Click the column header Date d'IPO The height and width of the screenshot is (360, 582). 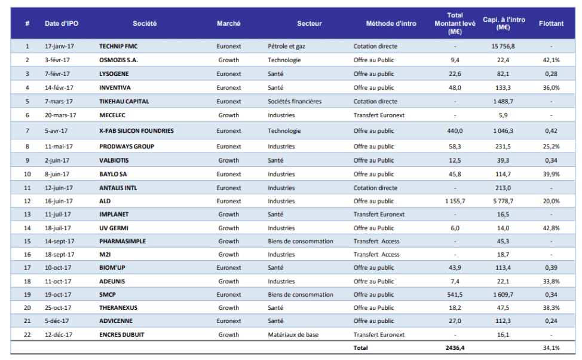pos(62,23)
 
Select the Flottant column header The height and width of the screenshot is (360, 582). pos(550,23)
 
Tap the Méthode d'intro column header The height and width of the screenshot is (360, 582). pos(391,23)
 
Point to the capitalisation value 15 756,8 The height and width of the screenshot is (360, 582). pos(503,46)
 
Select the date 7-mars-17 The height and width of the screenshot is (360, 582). pos(59,102)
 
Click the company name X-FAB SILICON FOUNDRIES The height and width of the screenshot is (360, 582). pos(136,131)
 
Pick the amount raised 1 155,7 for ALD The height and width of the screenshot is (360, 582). pos(455,202)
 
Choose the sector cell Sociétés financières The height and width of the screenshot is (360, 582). pos(295,102)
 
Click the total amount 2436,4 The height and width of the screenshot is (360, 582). pos(455,347)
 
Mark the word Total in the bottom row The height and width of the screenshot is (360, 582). pos(361,347)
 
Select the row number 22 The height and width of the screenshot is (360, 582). pos(27,334)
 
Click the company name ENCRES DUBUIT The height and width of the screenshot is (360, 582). pos(121,334)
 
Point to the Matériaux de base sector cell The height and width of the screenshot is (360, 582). pos(292,334)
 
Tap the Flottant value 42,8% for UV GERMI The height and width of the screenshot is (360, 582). pos(550,228)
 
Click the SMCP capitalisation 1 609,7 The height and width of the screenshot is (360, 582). pos(503,294)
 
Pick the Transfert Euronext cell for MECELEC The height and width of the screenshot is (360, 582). pos(379,115)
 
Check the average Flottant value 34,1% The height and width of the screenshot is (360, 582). pos(550,347)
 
